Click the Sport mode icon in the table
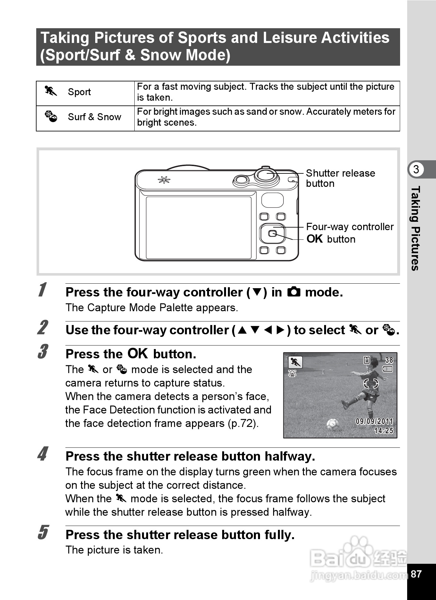pos(51,91)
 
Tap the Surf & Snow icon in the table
pos(51,116)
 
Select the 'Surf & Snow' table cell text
pos(94,117)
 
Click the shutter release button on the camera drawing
pos(266,175)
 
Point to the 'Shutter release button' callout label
pos(340,178)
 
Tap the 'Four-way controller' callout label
pos(349,227)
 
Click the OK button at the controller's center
pos(272,233)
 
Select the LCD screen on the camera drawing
pos(198,228)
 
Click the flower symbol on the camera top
pos(164,180)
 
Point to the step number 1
pos(42,290)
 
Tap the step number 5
pos(42,532)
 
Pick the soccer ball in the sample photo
pos(332,425)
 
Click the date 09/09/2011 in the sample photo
pos(374,421)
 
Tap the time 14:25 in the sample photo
pos(383,430)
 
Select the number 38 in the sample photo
pos(389,360)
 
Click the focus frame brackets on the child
pos(371,383)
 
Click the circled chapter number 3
pos(416,169)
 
